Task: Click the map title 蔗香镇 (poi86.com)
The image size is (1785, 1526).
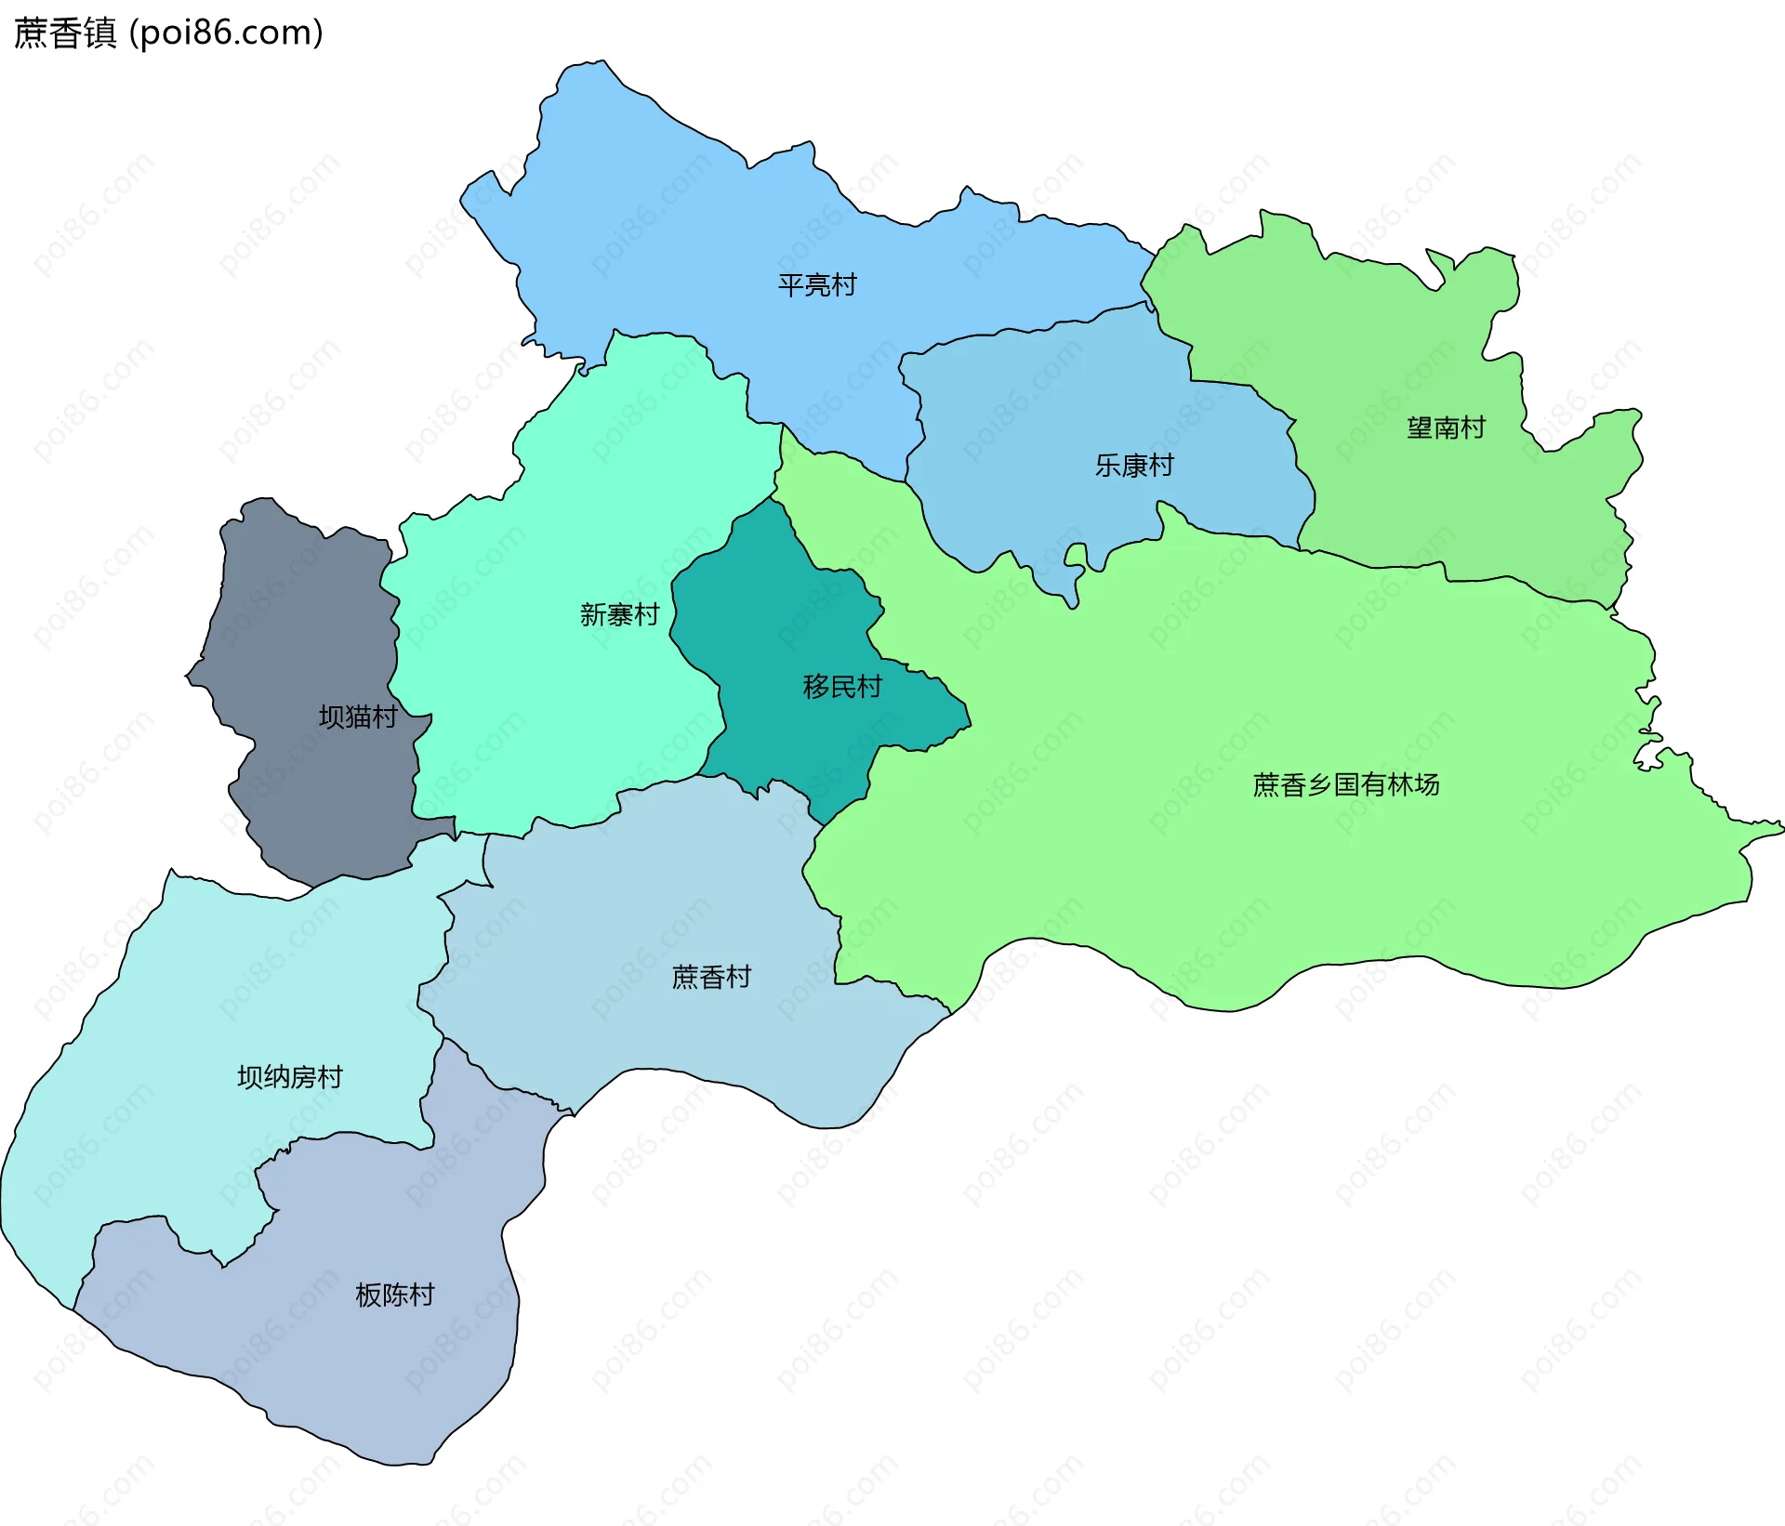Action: pos(168,33)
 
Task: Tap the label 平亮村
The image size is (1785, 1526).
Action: pos(817,285)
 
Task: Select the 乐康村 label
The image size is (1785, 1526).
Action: pos(1134,466)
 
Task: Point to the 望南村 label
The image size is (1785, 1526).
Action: pos(1446,428)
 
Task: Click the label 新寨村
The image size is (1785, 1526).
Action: pos(619,615)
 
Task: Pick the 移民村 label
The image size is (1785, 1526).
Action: pos(842,687)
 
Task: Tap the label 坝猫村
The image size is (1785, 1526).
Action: pos(358,717)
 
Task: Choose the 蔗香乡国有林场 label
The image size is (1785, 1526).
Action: pos(1346,785)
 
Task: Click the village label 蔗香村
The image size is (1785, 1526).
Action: pos(711,978)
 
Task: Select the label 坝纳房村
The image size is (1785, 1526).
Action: pos(290,1077)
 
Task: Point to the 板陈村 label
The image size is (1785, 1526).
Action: pos(395,1296)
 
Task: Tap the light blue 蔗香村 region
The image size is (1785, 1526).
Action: pos(651,892)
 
